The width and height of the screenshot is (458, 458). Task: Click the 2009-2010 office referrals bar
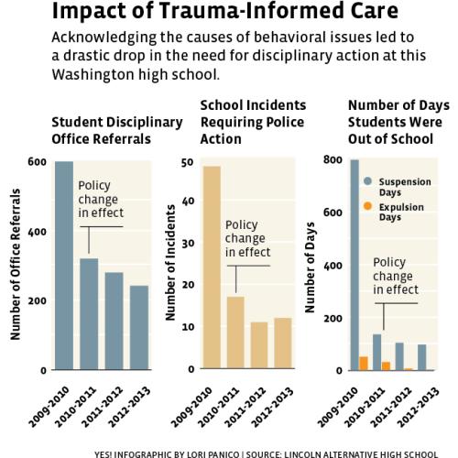click(64, 266)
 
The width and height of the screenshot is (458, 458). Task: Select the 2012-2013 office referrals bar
click(139, 328)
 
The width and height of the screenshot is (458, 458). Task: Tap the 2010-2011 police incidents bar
click(235, 333)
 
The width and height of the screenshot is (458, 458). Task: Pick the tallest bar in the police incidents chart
click(212, 267)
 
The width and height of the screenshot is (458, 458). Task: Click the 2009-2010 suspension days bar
click(354, 265)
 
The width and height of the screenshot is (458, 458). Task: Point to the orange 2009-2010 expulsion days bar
click(364, 364)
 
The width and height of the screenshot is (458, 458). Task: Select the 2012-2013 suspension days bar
click(422, 357)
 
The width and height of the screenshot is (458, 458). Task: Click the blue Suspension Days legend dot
click(368, 181)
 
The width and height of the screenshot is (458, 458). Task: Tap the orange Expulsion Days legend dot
click(368, 206)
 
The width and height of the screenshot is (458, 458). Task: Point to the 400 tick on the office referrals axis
click(37, 232)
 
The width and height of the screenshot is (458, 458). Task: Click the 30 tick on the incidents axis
click(188, 244)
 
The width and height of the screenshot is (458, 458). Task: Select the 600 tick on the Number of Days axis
click(333, 213)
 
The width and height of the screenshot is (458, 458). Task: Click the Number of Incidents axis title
click(170, 263)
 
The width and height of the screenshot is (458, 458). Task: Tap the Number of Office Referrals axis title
click(16, 265)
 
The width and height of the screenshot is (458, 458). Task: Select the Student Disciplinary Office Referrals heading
click(117, 130)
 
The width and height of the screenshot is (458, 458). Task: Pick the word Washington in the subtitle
click(93, 74)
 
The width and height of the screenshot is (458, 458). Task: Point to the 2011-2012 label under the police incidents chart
click(245, 408)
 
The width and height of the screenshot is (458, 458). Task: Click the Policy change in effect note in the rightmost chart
click(396, 276)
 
